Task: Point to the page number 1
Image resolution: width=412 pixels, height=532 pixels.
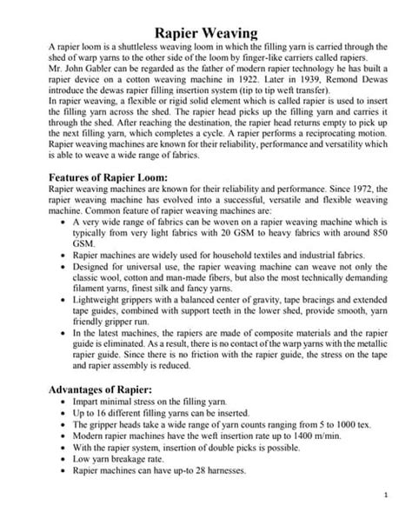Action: tap(385, 518)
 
